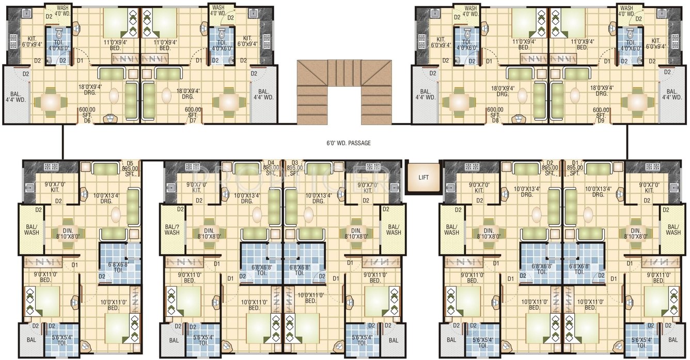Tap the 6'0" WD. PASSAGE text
pos(345,143)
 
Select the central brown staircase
pos(344,91)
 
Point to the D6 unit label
pos(87,121)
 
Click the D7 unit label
pos(193,121)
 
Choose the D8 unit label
pos(495,121)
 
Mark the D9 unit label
pos(600,121)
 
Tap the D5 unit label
pos(130,162)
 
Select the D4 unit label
pos(271,162)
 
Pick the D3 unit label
pos(295,162)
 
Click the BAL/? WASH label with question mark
pos(172,229)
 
